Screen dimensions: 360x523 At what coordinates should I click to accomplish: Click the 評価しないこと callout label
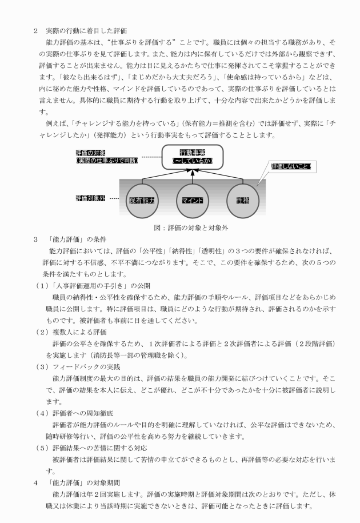291,166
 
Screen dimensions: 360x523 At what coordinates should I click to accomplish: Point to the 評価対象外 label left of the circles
90,198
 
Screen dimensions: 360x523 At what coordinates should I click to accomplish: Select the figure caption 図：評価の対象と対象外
190,227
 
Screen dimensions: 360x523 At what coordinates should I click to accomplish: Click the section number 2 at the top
35,30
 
